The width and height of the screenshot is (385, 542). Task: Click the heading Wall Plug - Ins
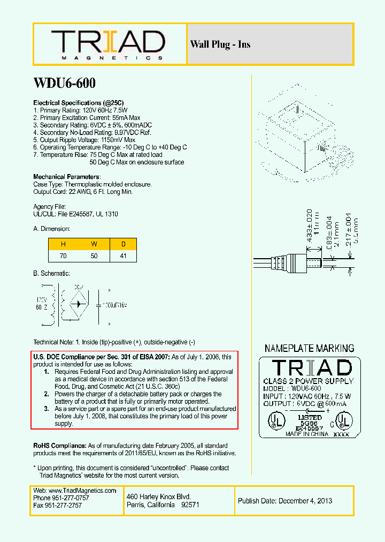tap(220, 44)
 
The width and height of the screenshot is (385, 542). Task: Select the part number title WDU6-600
tap(64, 83)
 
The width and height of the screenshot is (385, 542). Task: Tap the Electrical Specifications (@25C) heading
tap(79, 102)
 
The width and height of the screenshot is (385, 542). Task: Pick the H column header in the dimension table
tap(64, 244)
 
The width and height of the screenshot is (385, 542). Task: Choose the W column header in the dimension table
tap(94, 244)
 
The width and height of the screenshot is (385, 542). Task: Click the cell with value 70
tap(64, 257)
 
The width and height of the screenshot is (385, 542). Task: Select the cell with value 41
tap(124, 257)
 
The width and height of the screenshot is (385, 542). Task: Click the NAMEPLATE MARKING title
tap(309, 348)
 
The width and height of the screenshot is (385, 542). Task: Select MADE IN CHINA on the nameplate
tap(307, 434)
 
